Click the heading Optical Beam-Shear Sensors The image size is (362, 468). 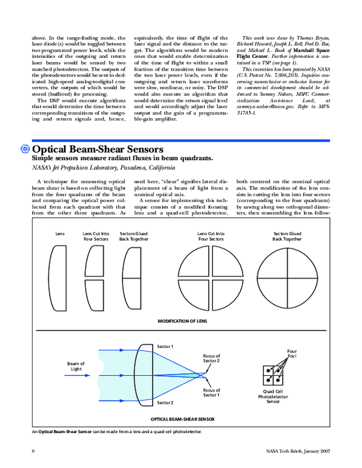(x=97, y=149)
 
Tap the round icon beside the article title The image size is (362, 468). (x=25, y=149)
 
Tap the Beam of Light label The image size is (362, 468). (x=76, y=366)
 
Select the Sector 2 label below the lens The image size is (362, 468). (x=165, y=401)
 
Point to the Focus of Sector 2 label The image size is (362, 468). (x=211, y=359)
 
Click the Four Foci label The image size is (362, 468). (x=292, y=353)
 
